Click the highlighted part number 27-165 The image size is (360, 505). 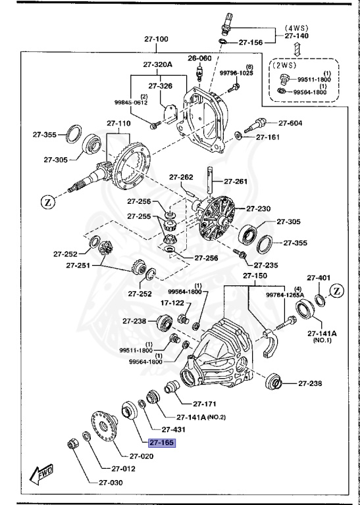pos(162,443)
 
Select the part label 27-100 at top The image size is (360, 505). pos(157,39)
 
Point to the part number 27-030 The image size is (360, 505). pos(111,483)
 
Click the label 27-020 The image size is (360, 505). pos(141,456)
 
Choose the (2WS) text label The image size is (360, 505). pos(285,66)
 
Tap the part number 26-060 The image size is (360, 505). pos(199,58)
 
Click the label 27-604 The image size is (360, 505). pos(290,123)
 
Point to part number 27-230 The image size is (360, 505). pos(259,208)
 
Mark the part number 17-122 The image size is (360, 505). pos(155,303)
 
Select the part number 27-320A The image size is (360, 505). pos(157,64)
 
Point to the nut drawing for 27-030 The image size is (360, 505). pos(73,445)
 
